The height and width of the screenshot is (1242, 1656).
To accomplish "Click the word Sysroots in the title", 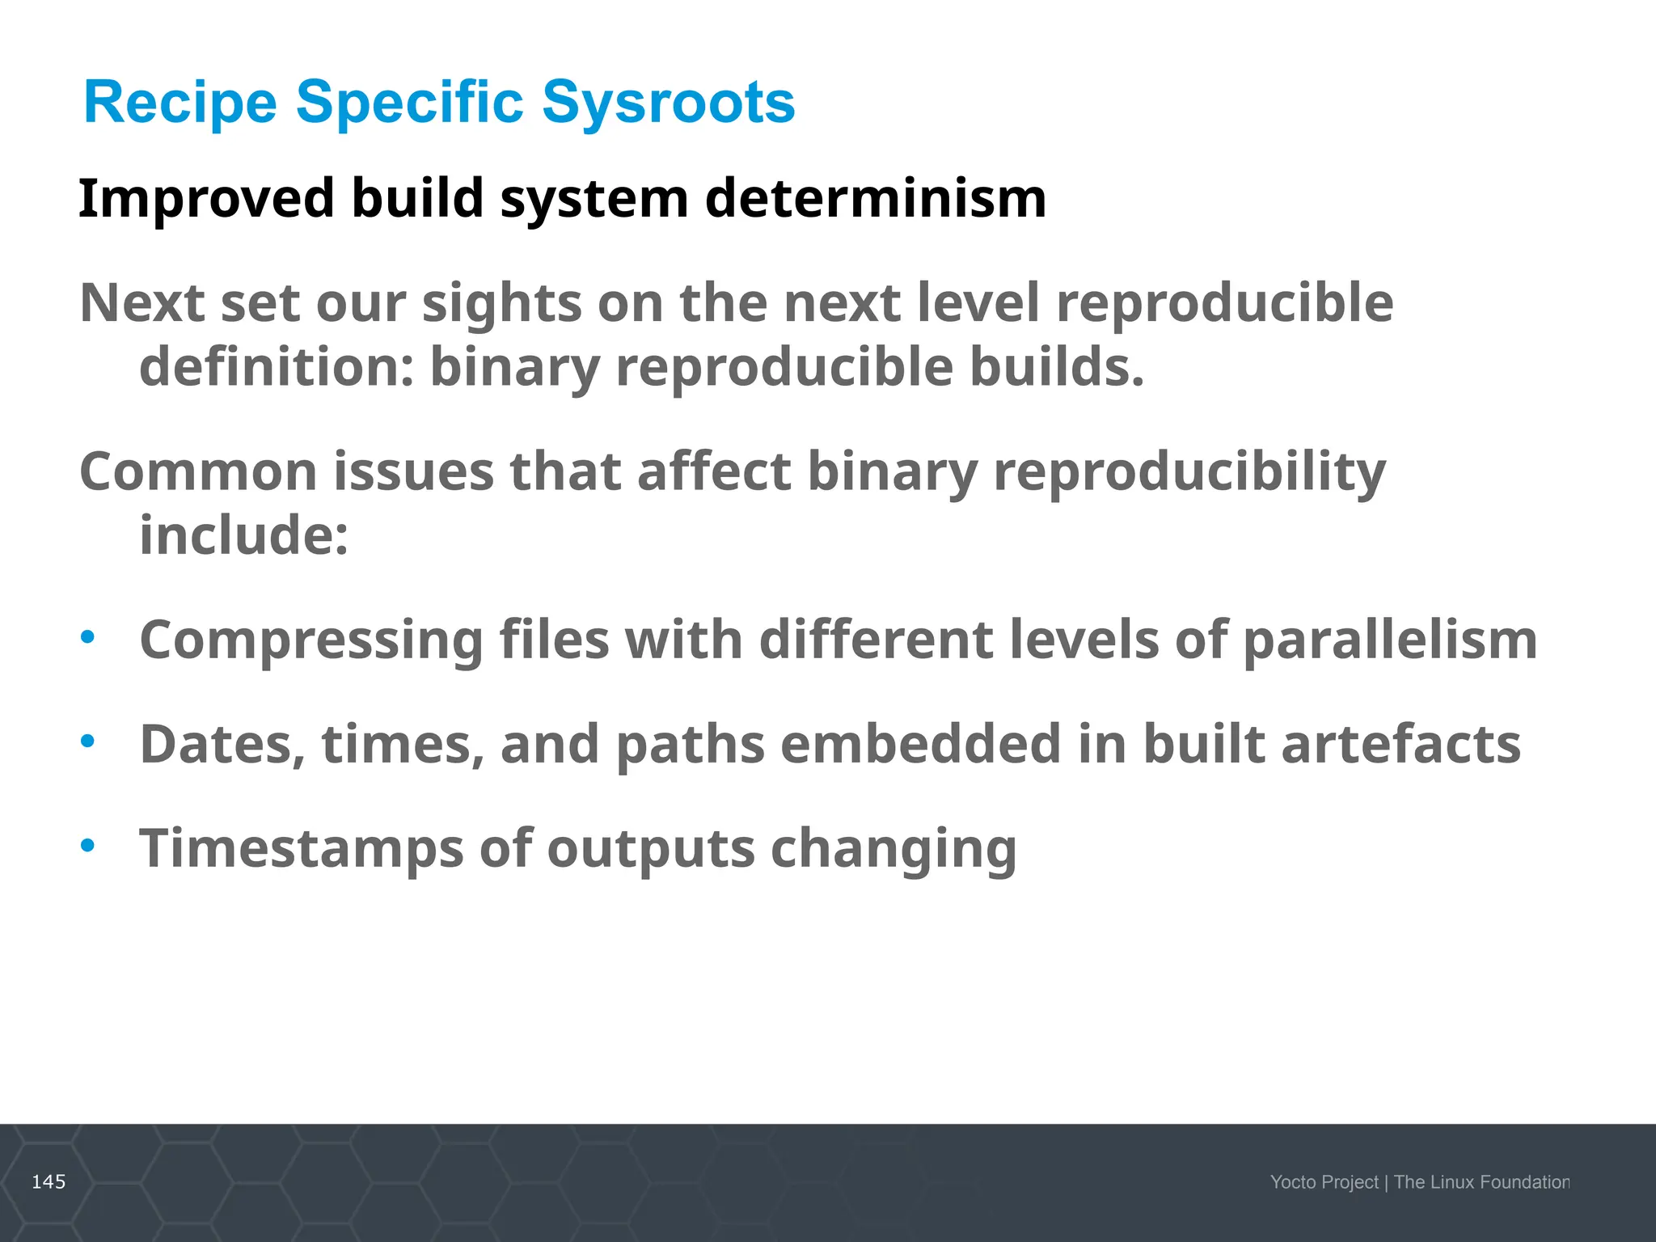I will click(x=668, y=103).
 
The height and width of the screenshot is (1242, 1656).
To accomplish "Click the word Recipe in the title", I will click(x=180, y=103).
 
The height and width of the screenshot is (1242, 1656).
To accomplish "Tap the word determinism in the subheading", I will click(x=875, y=198).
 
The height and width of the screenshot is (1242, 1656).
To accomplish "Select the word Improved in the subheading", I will click(x=206, y=198).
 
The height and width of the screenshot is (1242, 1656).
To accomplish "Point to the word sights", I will click(x=501, y=303).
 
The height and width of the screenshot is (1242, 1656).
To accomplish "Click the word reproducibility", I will click(x=1189, y=471).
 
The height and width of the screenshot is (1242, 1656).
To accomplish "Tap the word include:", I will click(x=244, y=535).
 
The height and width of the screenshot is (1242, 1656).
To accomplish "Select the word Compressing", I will click(x=310, y=640).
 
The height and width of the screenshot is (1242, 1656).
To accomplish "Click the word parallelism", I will click(x=1389, y=640).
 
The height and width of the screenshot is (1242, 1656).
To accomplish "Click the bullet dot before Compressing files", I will click(x=87, y=637).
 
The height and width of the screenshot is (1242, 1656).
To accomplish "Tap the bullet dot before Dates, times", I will click(x=87, y=741).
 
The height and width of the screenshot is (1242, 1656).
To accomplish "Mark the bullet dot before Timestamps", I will click(x=87, y=846).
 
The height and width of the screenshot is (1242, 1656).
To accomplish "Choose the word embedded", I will click(x=920, y=744).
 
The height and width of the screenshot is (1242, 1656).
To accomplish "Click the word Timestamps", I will click(x=302, y=849).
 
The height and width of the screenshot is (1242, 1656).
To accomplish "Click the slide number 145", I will click(x=49, y=1182).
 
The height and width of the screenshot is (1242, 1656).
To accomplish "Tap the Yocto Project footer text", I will click(x=1324, y=1182).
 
